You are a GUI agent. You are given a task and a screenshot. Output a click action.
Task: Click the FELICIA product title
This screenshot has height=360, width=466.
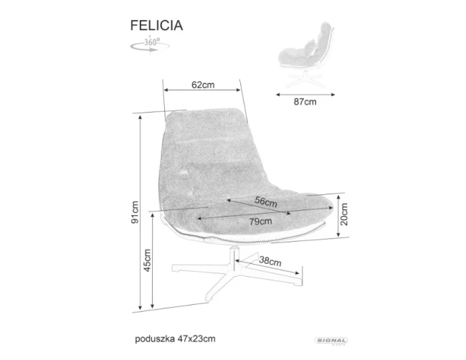(156, 25)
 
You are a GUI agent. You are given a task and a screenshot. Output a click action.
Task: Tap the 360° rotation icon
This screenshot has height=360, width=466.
(150, 44)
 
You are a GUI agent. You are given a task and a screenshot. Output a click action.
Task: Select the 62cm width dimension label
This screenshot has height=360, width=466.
(203, 85)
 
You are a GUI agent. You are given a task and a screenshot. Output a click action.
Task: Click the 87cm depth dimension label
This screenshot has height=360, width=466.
(305, 102)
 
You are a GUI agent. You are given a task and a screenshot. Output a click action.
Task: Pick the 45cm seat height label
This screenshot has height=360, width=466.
(147, 261)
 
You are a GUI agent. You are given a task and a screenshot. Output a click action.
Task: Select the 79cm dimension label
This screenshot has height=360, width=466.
(249, 222)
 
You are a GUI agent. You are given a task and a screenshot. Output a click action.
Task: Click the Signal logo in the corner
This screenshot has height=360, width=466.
(331, 341)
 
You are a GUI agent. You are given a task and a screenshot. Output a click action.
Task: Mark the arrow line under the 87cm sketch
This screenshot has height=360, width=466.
(305, 93)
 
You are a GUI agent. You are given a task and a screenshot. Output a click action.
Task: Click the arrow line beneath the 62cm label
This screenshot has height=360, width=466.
(203, 91)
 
